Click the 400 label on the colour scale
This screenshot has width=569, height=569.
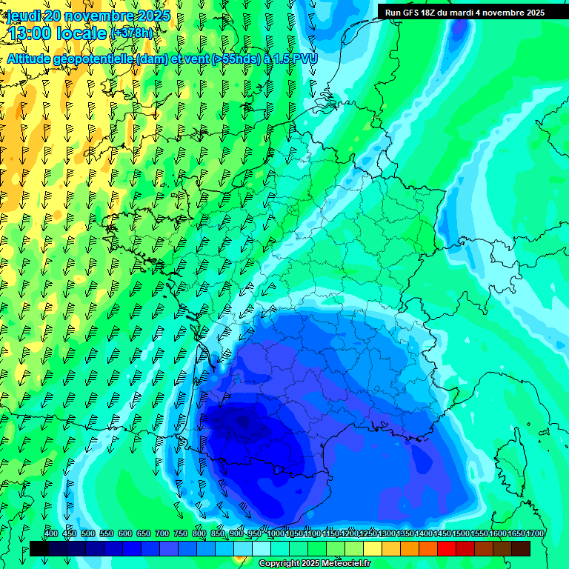click(x=51, y=534)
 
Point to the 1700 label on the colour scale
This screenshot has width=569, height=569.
click(x=536, y=534)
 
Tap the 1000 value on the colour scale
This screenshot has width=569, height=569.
click(x=275, y=534)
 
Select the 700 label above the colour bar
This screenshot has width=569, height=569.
click(x=162, y=534)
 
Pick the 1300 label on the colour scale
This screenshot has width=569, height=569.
click(x=387, y=534)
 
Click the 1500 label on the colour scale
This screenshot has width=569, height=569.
click(x=461, y=534)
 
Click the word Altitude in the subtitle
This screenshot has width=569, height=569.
click(x=33, y=59)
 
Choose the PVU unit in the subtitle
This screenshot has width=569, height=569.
click(x=305, y=59)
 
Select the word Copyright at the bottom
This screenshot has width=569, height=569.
click(x=279, y=564)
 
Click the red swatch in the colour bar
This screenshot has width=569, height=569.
click(x=447, y=548)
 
